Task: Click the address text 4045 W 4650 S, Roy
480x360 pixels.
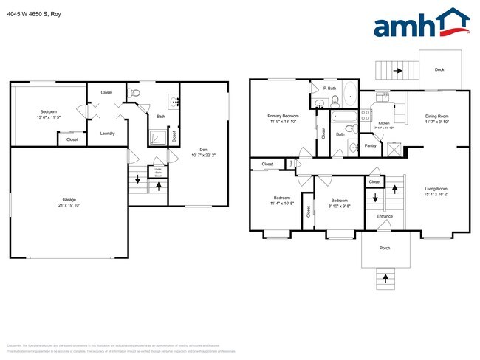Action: pos(35,13)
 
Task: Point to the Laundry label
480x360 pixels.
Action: pos(106,133)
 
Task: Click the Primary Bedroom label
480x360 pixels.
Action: pos(283,117)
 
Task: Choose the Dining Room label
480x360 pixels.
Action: pos(436,116)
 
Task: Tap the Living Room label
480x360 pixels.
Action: pos(436,190)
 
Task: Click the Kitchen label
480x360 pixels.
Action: pos(384,123)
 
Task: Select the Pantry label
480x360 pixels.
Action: pos(371,145)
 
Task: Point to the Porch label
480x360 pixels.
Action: pos(385,248)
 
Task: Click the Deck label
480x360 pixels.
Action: pos(439,70)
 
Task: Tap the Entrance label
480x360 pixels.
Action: pos(385,216)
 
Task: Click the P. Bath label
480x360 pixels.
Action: pos(331,89)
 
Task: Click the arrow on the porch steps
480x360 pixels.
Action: pos(385,278)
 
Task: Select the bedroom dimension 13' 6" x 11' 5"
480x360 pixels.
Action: pos(47,118)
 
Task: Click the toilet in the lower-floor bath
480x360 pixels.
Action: pos(134,93)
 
